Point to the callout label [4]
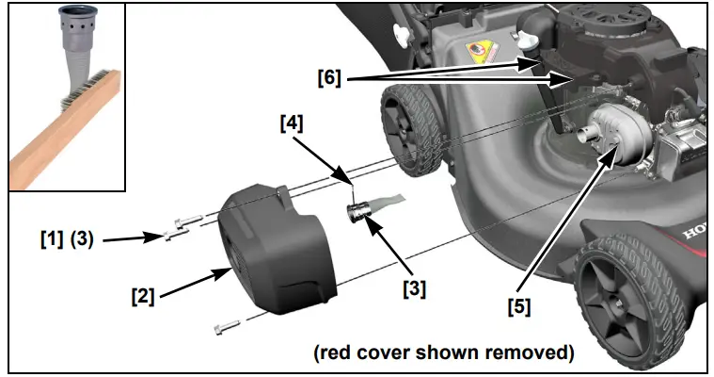point(293,123)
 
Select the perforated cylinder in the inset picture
point(72,38)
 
